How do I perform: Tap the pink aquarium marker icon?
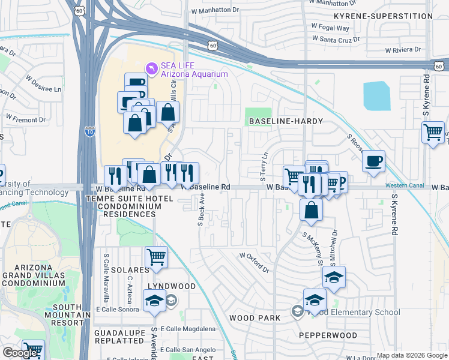tap(152, 70)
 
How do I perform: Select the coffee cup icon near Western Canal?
tap(373, 161)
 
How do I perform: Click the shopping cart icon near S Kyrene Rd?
tap(432, 132)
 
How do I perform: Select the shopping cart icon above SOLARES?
tap(156, 257)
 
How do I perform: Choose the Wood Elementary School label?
tap(352, 312)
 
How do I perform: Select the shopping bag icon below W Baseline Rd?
tap(311, 210)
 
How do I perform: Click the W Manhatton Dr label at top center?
tap(215, 11)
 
